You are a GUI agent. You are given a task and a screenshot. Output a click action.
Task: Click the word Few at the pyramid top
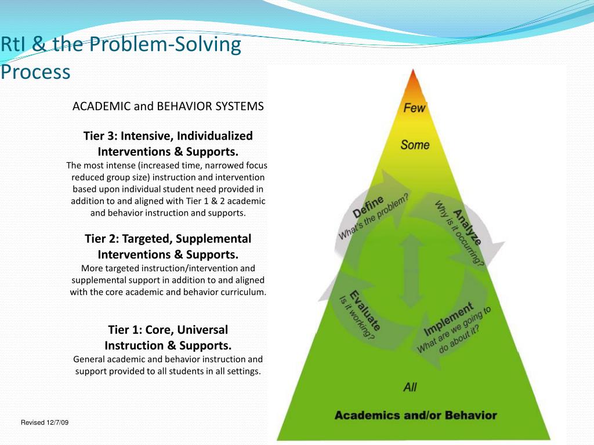(x=414, y=108)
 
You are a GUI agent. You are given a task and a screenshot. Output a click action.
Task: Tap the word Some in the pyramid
(x=415, y=145)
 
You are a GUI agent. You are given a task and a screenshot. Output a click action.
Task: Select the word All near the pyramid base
(x=410, y=386)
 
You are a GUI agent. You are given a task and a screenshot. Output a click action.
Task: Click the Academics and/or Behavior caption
(x=415, y=415)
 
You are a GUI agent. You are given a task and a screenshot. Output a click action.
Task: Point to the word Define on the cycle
(x=368, y=207)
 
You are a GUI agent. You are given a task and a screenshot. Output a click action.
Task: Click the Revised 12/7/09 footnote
(x=45, y=422)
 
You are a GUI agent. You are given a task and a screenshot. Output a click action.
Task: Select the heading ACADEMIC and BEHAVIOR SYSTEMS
(x=168, y=107)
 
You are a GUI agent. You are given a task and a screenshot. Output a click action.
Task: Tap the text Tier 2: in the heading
(x=101, y=239)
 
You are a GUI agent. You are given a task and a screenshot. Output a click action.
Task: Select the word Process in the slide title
(x=35, y=72)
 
